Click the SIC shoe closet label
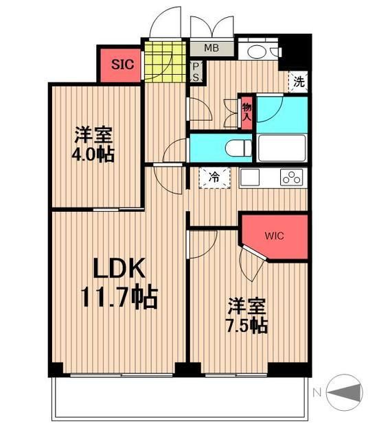[x=122, y=66]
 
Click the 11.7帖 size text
[x=119, y=298]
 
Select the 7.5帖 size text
[x=247, y=325]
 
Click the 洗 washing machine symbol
[x=299, y=81]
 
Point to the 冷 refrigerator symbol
[x=214, y=178]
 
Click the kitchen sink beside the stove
[x=249, y=177]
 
